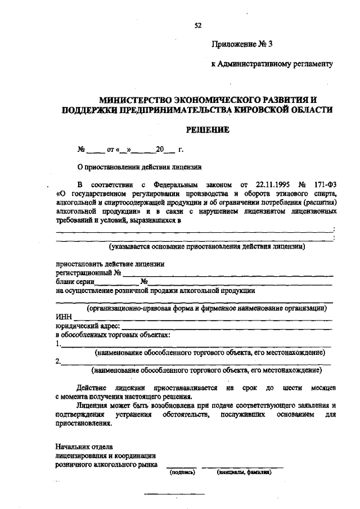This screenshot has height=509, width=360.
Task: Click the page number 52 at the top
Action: tap(197, 25)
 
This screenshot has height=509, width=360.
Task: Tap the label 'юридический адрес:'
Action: tap(88, 326)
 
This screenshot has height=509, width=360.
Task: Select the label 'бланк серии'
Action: tap(75, 282)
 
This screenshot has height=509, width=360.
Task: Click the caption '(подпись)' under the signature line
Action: tap(182, 472)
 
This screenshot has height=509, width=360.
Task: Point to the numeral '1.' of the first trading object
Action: tap(58, 344)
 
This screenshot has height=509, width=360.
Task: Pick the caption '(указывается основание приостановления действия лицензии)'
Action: tap(206, 246)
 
